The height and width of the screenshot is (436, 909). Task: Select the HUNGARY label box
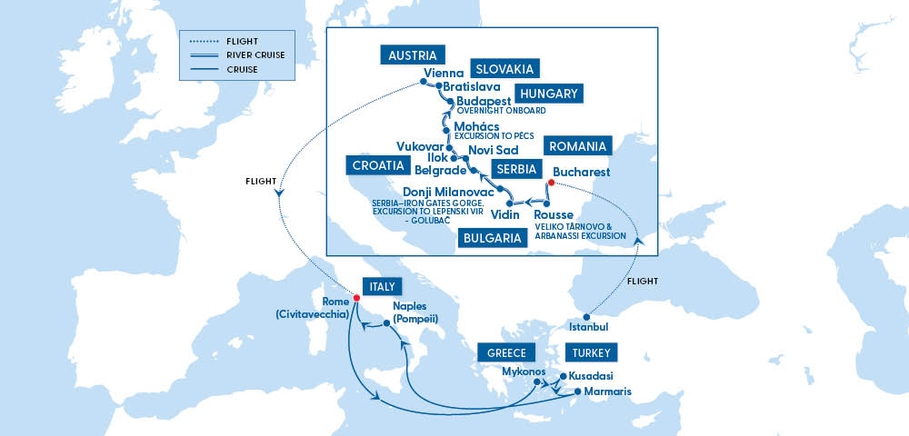point(548,94)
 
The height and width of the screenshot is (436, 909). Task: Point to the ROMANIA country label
point(576,146)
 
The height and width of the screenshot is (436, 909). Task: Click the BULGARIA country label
point(492,240)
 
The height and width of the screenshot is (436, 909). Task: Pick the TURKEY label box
point(592,353)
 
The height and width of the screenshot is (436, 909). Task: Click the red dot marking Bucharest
point(551,182)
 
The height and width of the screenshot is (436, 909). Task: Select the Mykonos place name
point(524,372)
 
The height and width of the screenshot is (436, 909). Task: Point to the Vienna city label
point(445,74)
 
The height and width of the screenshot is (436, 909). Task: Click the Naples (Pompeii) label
point(416,313)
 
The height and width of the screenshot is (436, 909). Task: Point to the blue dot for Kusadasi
point(563,376)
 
